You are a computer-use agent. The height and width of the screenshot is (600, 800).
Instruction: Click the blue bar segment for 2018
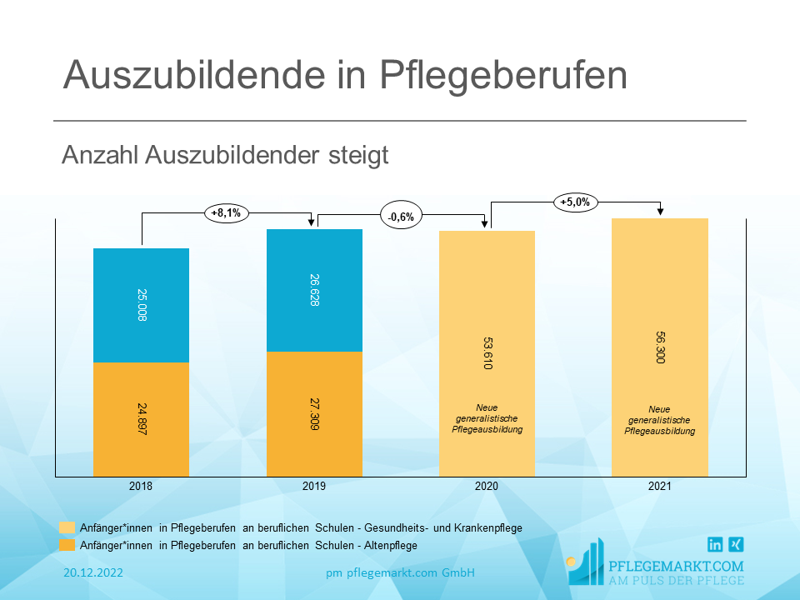coord(141,305)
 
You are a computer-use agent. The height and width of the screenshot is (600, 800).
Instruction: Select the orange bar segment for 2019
coord(314,413)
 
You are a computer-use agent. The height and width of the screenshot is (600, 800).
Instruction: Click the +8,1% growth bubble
coord(226,213)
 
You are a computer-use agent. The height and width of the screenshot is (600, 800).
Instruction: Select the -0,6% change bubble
coord(401,217)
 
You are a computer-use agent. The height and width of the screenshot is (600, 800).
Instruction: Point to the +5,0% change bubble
coord(575,202)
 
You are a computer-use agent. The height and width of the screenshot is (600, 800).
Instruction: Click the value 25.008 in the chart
coord(141,305)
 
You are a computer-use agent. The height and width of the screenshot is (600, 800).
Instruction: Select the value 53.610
coord(487,354)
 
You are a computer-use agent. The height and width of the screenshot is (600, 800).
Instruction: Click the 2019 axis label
coord(314,487)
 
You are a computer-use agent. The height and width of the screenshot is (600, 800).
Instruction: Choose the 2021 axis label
coord(659,487)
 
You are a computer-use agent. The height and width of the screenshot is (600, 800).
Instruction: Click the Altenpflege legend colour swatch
coord(67,545)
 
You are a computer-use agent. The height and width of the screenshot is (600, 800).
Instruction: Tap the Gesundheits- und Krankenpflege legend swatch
coord(67,527)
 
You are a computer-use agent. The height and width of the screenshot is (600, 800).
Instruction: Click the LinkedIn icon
coord(715,545)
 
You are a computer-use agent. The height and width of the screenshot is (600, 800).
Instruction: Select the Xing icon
coord(736,545)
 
